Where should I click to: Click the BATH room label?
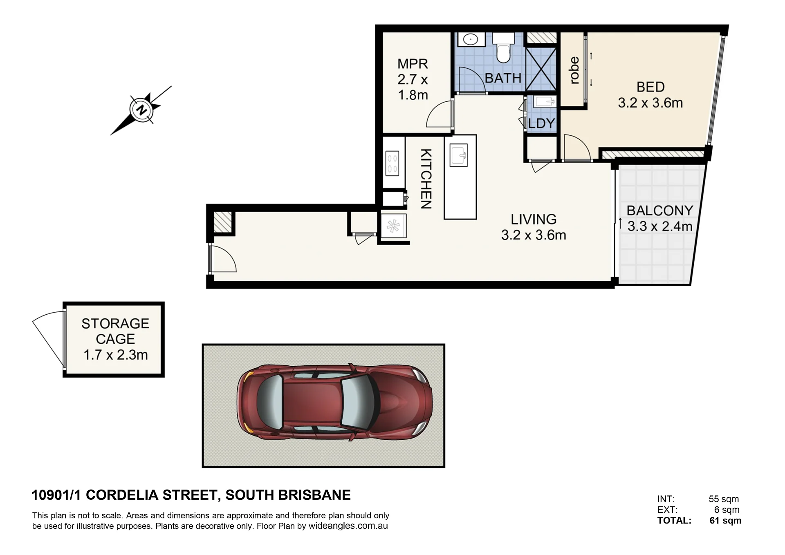(x=503, y=78)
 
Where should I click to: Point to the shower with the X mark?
(x=541, y=69)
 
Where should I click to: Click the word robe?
(x=574, y=70)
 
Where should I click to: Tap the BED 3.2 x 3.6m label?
(x=650, y=95)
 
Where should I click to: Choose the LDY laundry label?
(x=541, y=123)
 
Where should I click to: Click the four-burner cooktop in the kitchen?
(x=392, y=163)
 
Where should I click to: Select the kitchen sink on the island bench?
(x=459, y=155)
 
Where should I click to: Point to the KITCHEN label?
(x=426, y=179)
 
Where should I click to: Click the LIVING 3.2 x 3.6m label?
(x=534, y=227)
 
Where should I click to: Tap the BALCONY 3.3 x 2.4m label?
(x=660, y=218)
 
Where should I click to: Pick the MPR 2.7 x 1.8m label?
(x=413, y=79)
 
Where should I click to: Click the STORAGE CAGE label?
(x=115, y=331)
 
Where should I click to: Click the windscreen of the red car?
(x=355, y=402)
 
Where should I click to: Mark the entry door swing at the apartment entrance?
(x=223, y=258)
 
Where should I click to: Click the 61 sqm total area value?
(x=725, y=520)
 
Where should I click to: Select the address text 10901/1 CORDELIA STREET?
(x=124, y=495)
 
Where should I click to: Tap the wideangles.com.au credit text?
(x=348, y=526)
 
